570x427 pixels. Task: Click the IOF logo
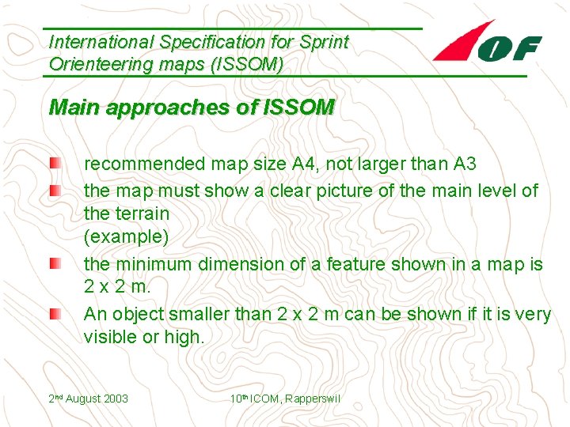[487, 44]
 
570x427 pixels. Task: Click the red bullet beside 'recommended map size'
[53, 164]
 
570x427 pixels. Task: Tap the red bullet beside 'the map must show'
[53, 190]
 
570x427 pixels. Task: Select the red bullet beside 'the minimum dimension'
[53, 263]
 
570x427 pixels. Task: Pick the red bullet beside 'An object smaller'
[53, 314]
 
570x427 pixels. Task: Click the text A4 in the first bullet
[304, 164]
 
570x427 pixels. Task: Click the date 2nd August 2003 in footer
[89, 399]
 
